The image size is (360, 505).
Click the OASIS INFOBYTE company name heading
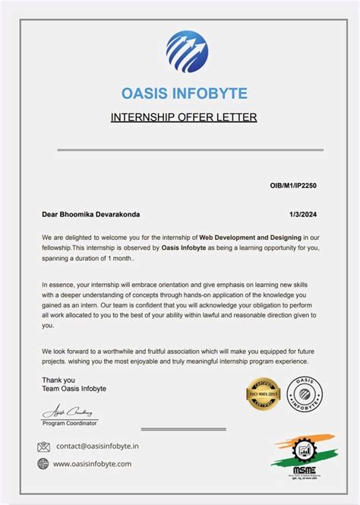(x=184, y=93)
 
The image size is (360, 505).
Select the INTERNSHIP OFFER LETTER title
(x=184, y=117)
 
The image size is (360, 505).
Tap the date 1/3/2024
(x=303, y=215)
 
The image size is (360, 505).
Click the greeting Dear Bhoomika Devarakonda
(x=91, y=215)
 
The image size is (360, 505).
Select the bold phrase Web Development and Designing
(x=250, y=239)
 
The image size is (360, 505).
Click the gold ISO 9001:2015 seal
(x=264, y=395)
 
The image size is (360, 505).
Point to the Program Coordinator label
(x=71, y=422)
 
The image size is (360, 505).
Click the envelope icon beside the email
(x=43, y=447)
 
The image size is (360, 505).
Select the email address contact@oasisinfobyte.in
(x=96, y=447)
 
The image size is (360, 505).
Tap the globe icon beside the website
(x=43, y=463)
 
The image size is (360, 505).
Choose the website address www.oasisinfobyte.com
(x=92, y=463)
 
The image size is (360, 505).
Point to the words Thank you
(x=58, y=380)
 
